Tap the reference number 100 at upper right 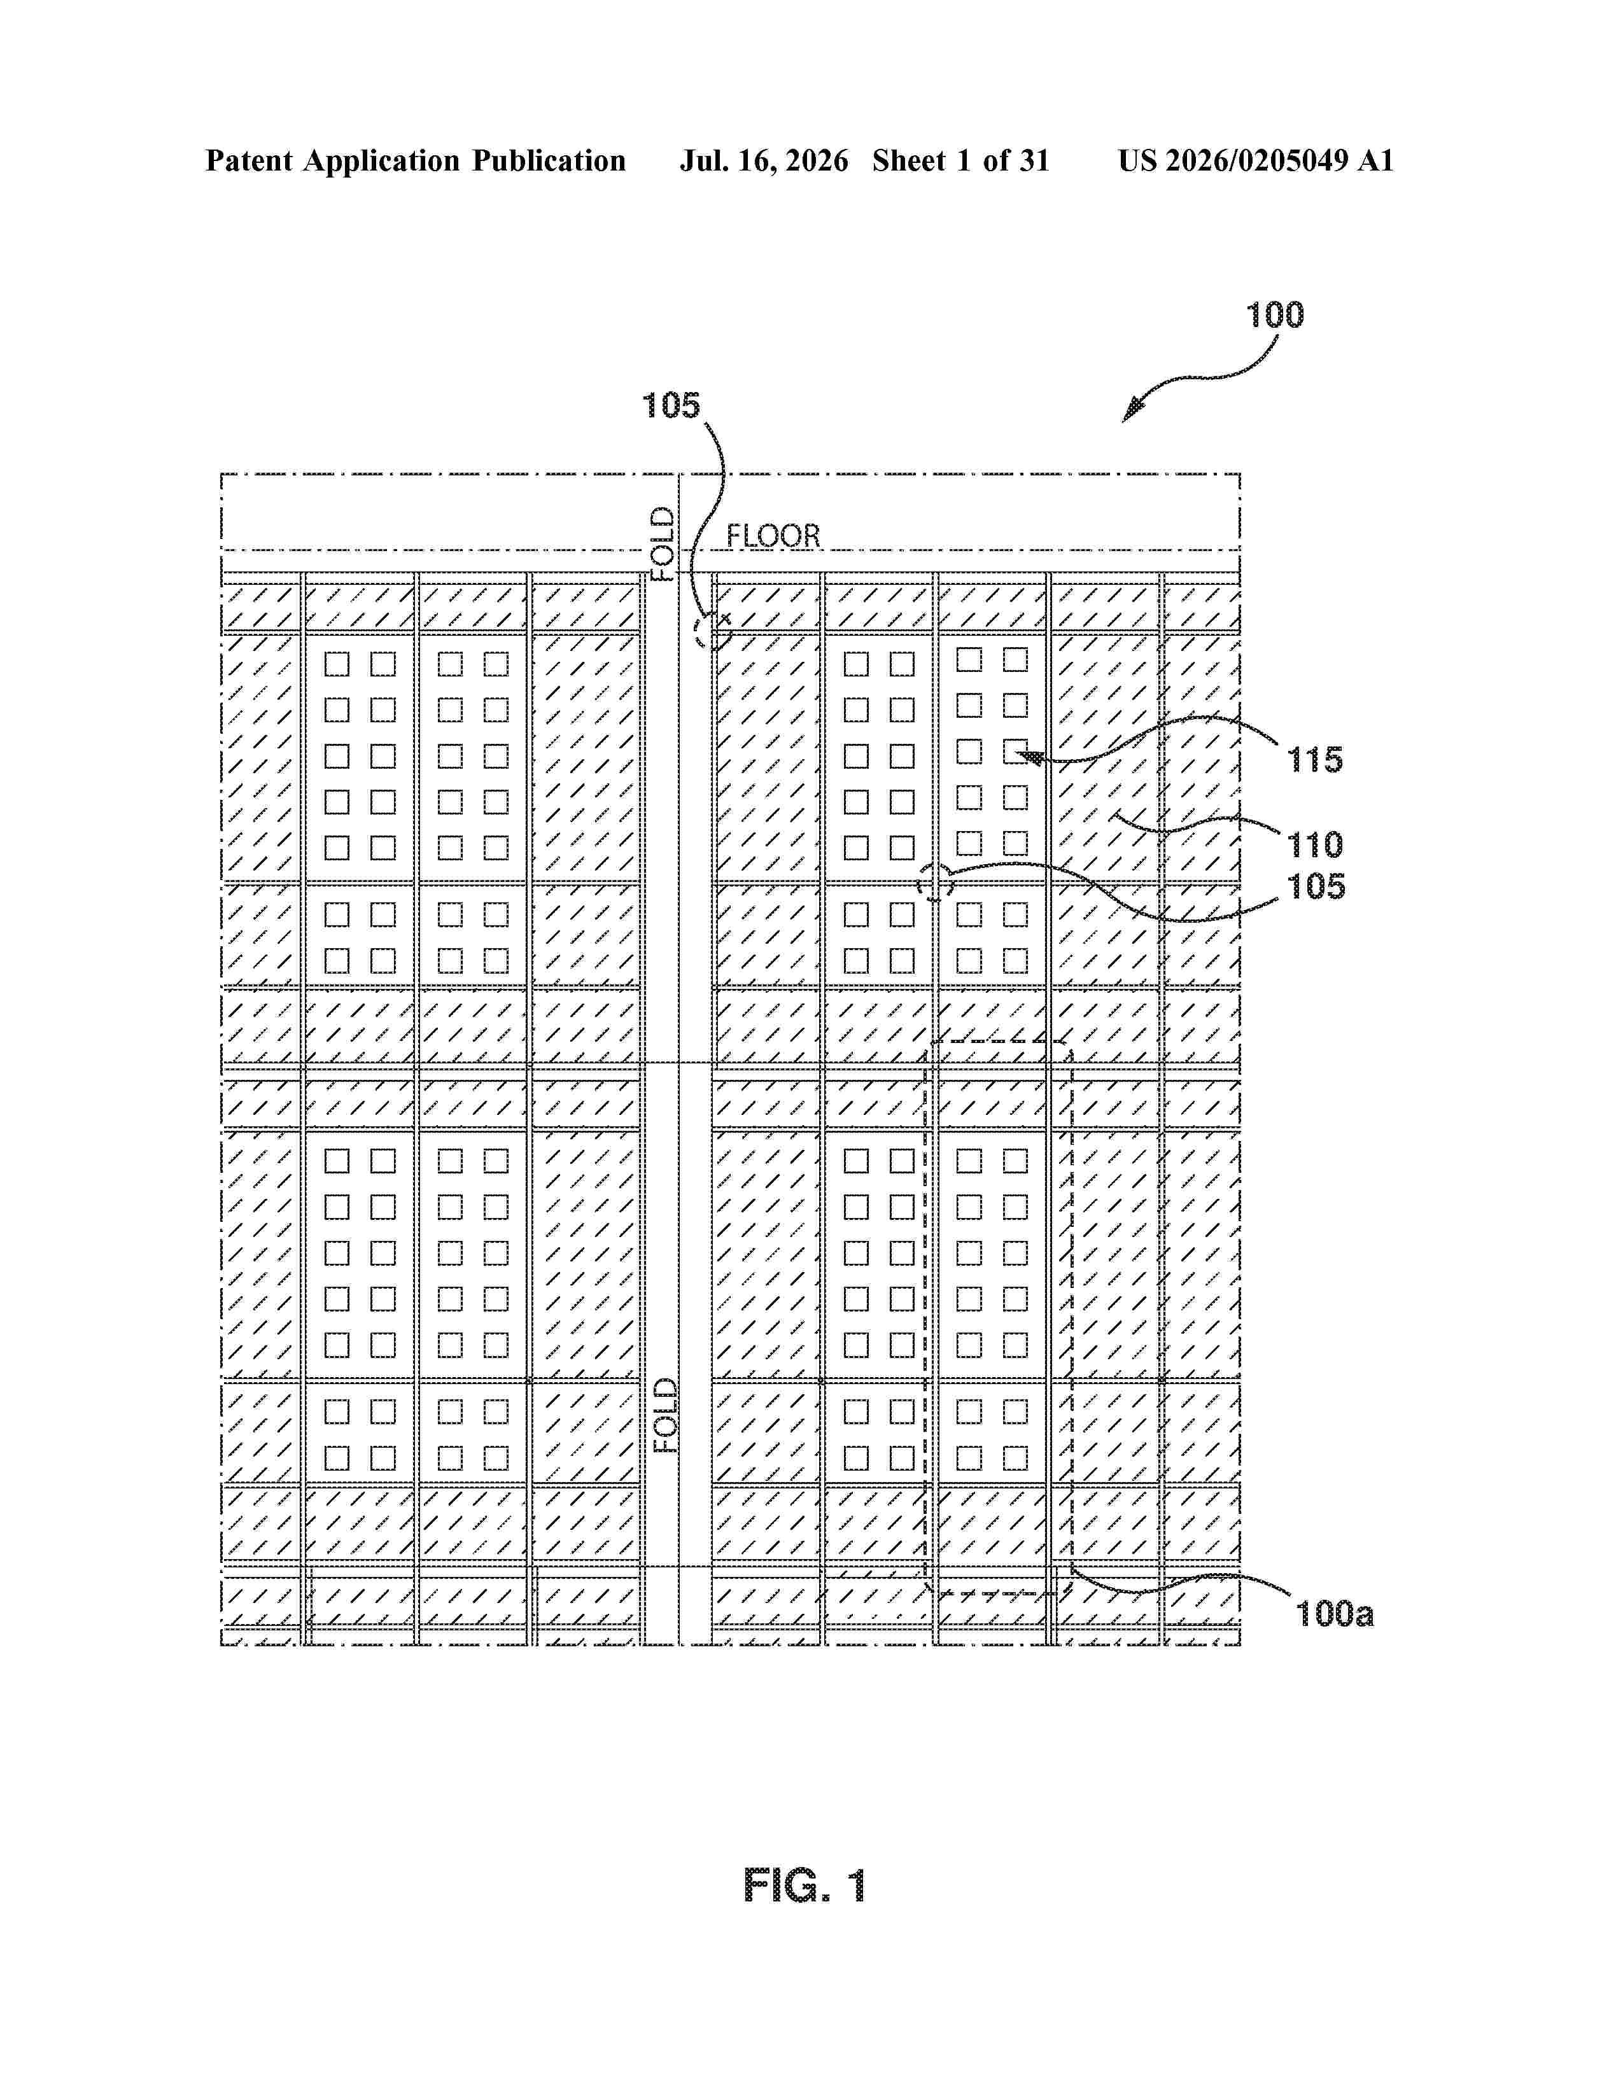pyautogui.click(x=1275, y=316)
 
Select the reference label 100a pyautogui.click(x=1335, y=1613)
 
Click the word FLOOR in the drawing pyautogui.click(x=773, y=536)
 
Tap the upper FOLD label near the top pyautogui.click(x=663, y=544)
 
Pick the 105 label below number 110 pyautogui.click(x=1316, y=886)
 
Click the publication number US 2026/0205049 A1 pyautogui.click(x=1256, y=160)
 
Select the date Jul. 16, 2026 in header pyautogui.click(x=764, y=160)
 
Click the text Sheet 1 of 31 pyautogui.click(x=960, y=160)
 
